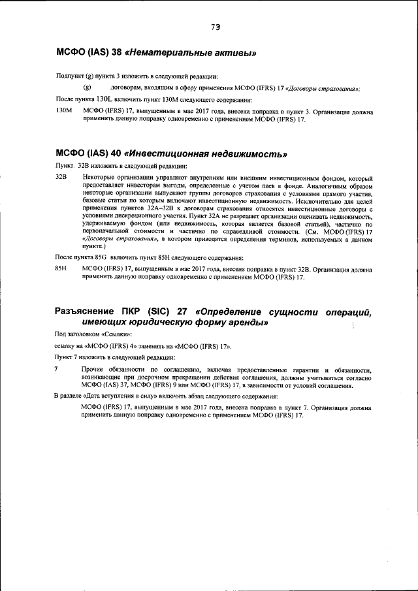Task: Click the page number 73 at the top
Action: pyautogui.click(x=215, y=27)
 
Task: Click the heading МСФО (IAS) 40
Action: pyautogui.click(x=88, y=154)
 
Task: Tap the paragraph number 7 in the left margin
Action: pyautogui.click(x=57, y=370)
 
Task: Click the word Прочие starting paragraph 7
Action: pyautogui.click(x=93, y=370)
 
